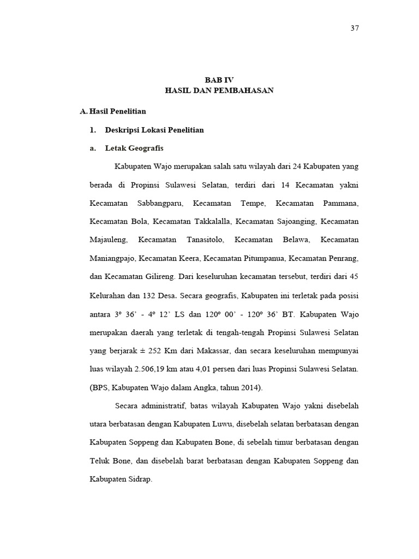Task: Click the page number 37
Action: tap(354, 28)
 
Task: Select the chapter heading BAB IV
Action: tap(219, 80)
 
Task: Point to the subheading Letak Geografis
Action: tap(134, 148)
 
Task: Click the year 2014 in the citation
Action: tap(249, 388)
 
